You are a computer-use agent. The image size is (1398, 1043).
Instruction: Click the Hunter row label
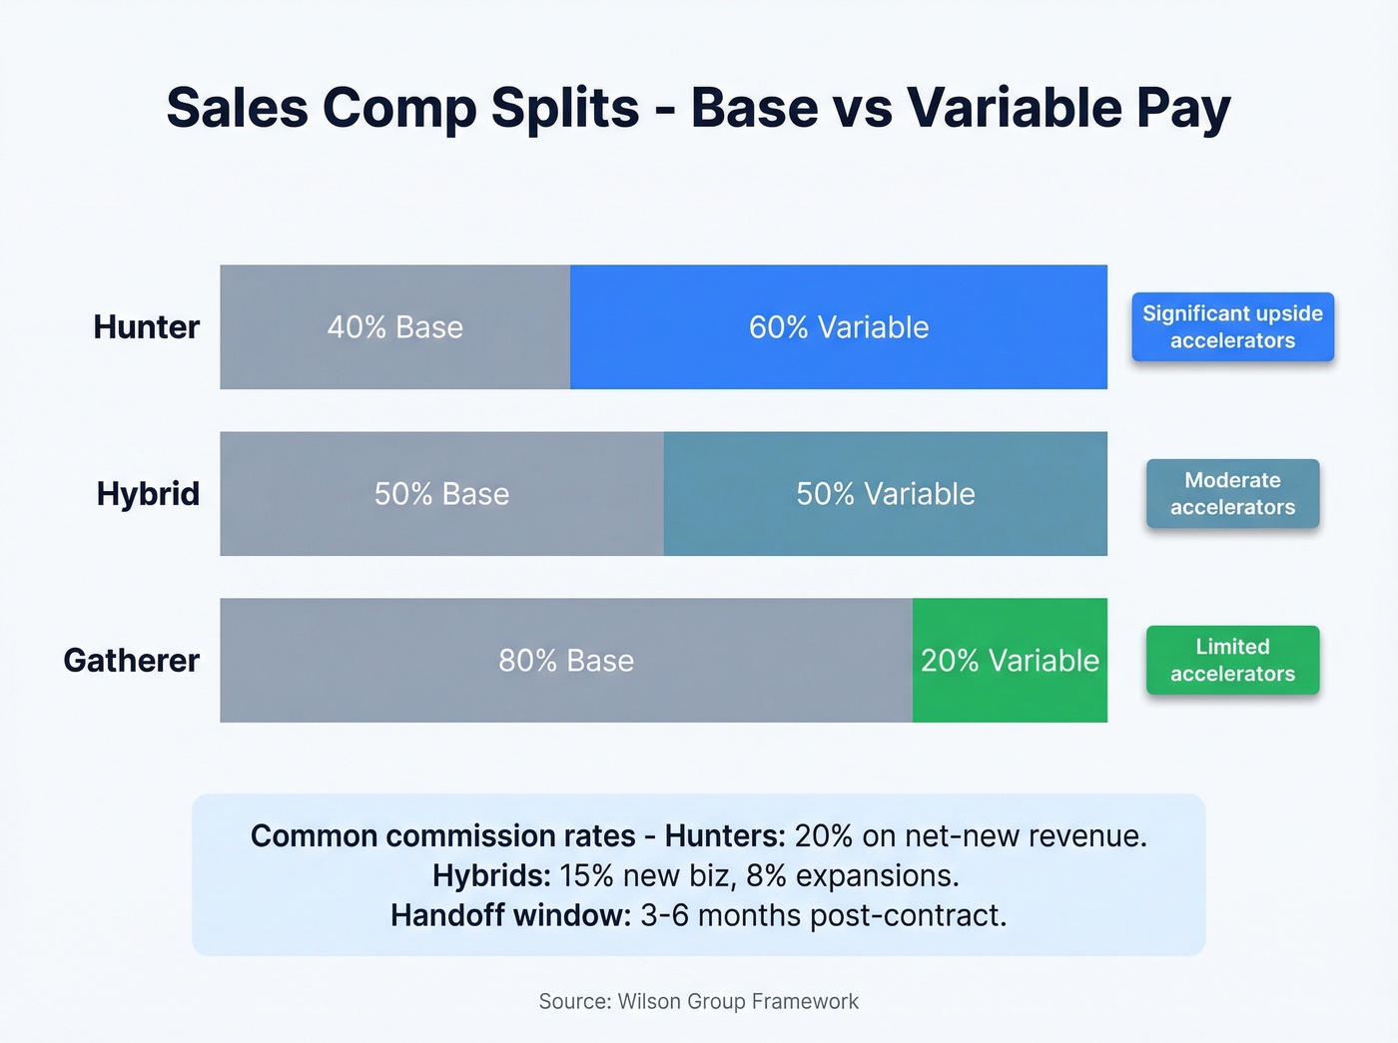146,327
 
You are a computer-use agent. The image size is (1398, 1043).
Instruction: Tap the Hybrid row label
148,494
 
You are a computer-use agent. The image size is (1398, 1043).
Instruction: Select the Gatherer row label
131,661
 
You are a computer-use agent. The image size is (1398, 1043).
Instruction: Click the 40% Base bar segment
395,327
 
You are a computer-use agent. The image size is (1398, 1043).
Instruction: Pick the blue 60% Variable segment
839,327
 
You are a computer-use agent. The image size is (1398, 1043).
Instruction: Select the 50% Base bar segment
441,494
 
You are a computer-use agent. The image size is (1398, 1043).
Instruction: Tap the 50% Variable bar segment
885,494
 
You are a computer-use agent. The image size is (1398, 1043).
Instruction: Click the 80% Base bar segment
566,661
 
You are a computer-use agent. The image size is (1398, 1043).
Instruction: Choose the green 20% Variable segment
1010,661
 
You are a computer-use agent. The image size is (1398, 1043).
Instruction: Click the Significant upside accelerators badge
1232,327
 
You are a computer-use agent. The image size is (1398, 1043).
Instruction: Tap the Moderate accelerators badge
1232,494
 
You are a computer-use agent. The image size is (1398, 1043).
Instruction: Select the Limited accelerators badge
1232,661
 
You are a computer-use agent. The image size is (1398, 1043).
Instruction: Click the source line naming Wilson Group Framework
698,1001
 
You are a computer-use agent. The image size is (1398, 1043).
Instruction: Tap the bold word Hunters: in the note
725,836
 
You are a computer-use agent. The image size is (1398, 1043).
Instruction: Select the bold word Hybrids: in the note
491,876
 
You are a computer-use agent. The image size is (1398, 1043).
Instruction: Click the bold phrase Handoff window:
510,915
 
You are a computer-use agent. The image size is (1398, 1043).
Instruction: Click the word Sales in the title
237,108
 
